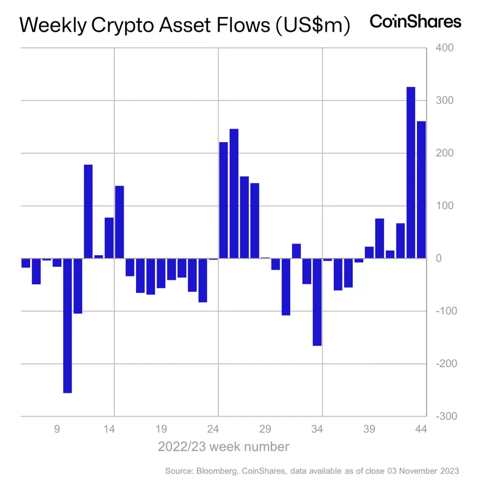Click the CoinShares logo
(x=415, y=22)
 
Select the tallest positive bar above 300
(x=411, y=172)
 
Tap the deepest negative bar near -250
(x=67, y=325)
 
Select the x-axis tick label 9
(x=57, y=429)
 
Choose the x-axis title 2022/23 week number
(x=223, y=446)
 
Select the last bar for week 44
(x=421, y=190)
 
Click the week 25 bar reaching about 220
(x=223, y=200)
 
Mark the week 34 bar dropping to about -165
(x=317, y=302)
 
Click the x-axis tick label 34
(x=317, y=429)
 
